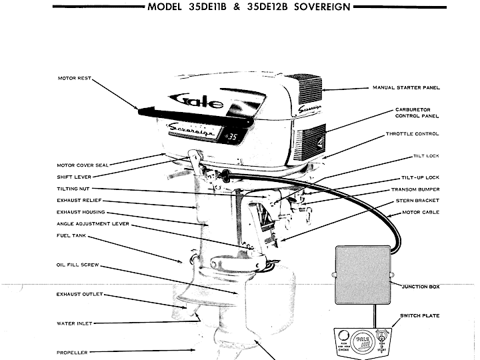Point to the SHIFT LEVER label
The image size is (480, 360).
[74, 177]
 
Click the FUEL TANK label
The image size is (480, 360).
[69, 235]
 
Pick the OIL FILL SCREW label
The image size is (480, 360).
[77, 265]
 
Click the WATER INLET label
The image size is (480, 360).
[74, 323]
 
